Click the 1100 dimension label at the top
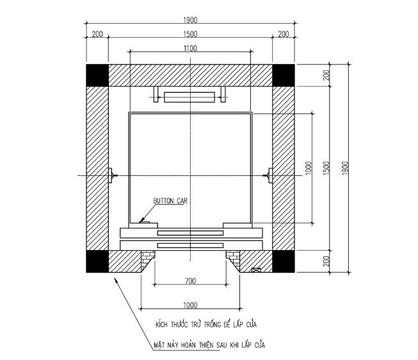pos(190,48)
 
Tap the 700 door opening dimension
pos(190,281)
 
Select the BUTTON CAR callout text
pos(170,201)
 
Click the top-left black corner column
pos(97,75)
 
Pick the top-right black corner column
pos(284,75)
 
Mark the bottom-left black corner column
pos(97,262)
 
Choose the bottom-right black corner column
pos(284,262)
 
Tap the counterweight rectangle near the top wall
pos(189,97)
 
